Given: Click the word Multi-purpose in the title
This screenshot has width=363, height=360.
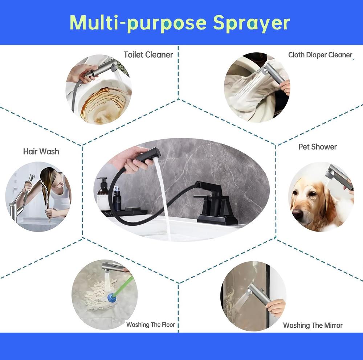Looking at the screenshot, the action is (138, 22).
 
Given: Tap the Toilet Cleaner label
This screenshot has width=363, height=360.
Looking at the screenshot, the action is (148, 55).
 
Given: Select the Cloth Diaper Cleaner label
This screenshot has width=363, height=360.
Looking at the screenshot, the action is (320, 55).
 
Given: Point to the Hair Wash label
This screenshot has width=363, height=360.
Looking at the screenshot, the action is (41, 151).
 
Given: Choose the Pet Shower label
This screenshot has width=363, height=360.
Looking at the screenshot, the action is (317, 147).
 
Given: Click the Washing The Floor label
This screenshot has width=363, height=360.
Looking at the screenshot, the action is (151, 324).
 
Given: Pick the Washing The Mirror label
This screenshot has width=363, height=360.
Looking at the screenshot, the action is (313, 325).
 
